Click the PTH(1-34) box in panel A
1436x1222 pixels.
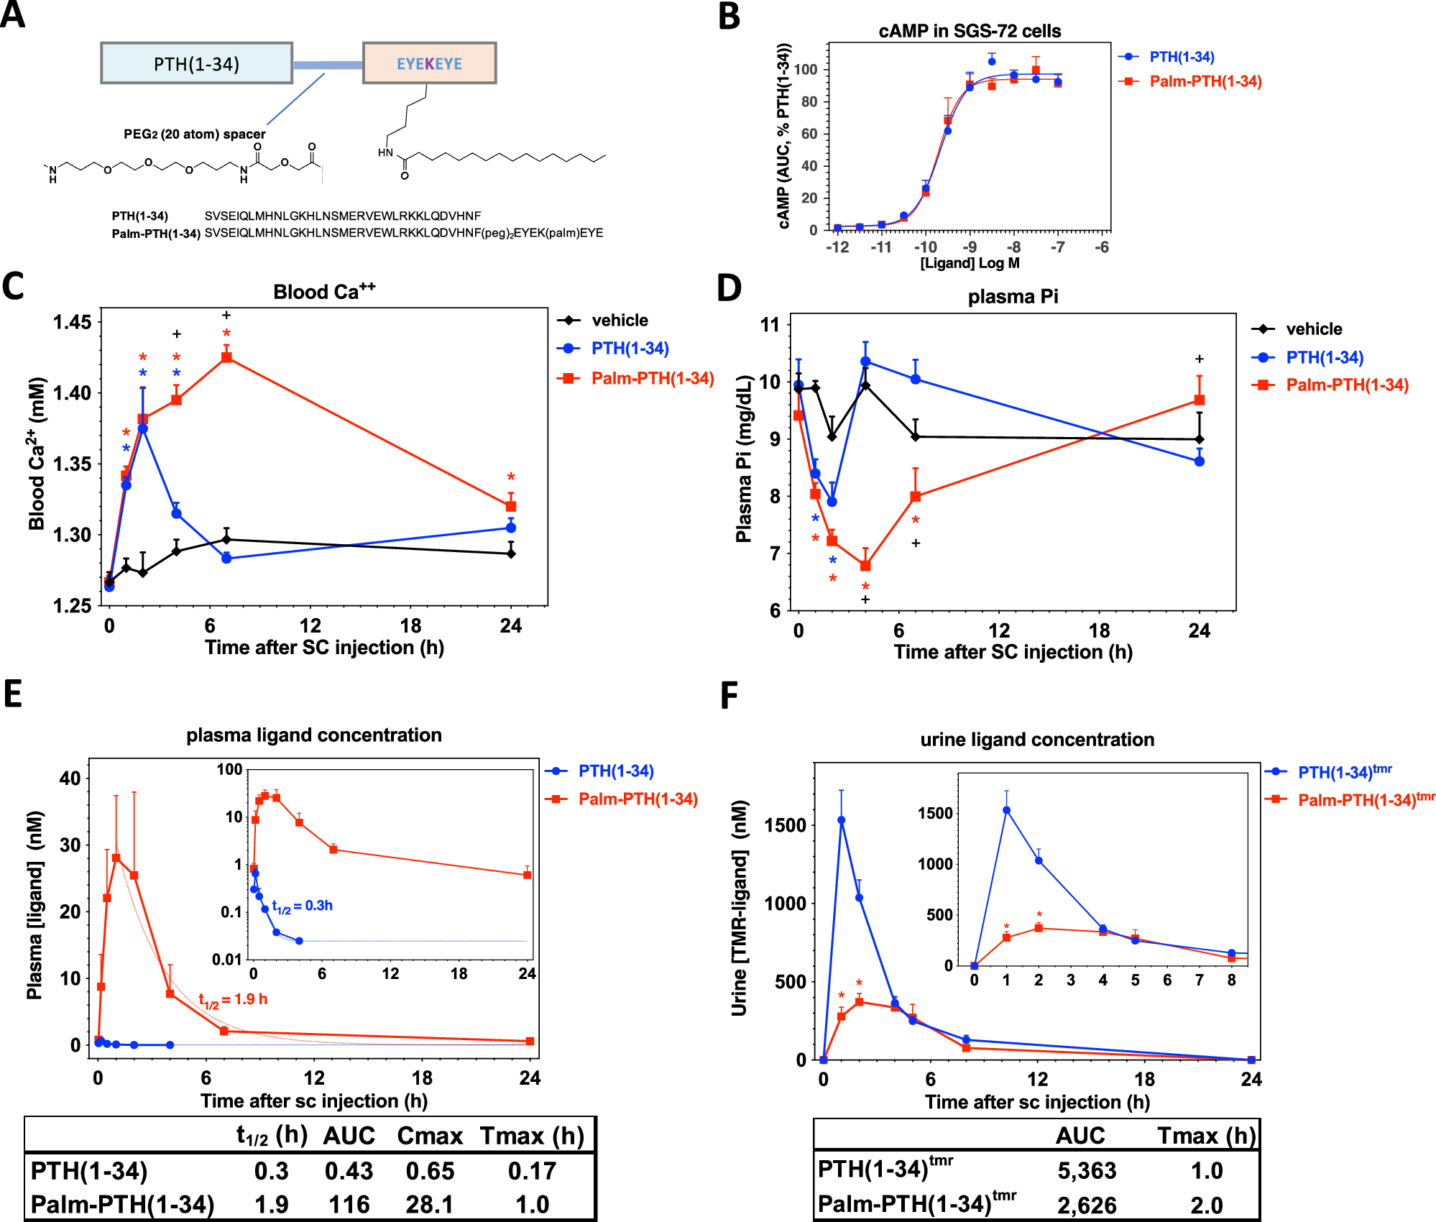196,63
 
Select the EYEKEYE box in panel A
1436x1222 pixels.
429,63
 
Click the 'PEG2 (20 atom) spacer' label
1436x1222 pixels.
194,134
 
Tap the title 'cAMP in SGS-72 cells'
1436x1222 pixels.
970,31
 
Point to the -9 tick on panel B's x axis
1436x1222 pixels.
970,247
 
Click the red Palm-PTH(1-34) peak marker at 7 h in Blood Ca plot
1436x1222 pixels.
226,357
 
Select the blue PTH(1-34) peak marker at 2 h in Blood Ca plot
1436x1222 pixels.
143,428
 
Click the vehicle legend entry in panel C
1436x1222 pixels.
619,321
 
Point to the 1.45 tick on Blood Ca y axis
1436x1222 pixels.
73,322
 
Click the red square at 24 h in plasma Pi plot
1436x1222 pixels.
1199,400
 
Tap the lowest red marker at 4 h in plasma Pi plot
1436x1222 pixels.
865,566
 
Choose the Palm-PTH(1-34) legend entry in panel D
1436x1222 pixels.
1346,385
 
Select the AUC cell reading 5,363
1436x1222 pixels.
1086,1171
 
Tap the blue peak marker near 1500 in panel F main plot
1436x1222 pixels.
841,820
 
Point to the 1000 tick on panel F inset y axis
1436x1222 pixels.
935,864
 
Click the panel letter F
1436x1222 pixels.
729,696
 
